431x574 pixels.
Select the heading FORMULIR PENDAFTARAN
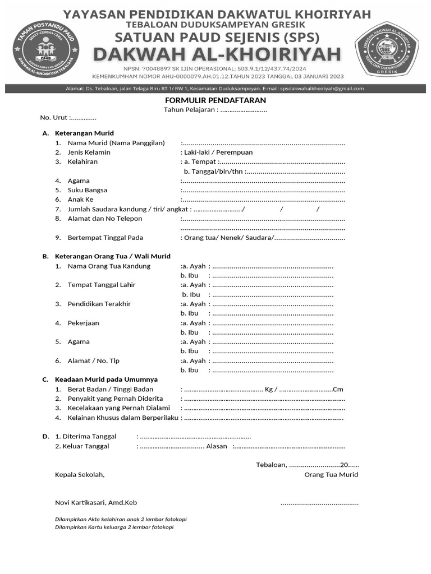tap(215, 100)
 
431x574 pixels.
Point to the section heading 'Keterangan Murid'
tap(84, 133)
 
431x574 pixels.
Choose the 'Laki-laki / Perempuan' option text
tap(217, 152)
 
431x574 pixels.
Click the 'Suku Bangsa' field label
tap(88, 190)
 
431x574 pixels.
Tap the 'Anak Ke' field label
tap(81, 200)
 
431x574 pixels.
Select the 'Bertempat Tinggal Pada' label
tap(106, 238)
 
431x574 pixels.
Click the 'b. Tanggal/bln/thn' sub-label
tap(213, 171)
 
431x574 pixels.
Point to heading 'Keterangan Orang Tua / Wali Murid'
tap(112, 257)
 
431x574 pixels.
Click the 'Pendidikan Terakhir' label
tap(99, 304)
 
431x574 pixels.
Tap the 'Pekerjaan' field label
tap(84, 323)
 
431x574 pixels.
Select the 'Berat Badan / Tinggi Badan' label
tap(111, 389)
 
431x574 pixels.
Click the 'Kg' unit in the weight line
tap(269, 389)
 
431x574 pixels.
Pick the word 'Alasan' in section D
tap(217, 446)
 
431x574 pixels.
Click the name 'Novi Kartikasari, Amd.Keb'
tap(96, 502)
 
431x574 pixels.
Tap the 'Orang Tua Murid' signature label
tap(331, 475)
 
